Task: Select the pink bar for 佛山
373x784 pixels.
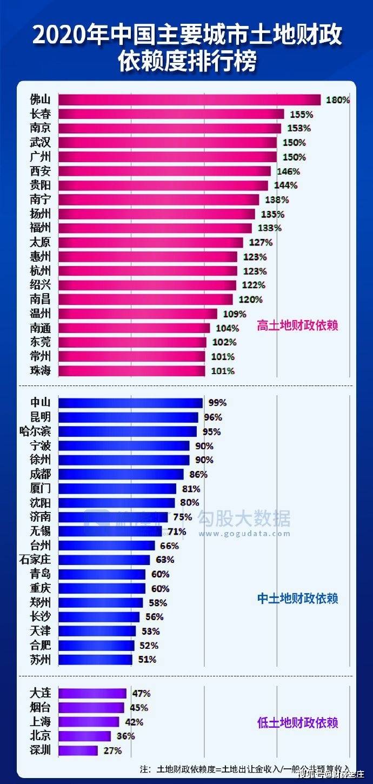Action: pyautogui.click(x=189, y=100)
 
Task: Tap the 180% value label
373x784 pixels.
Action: pyautogui.click(x=338, y=100)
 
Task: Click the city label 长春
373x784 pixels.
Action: pyautogui.click(x=41, y=114)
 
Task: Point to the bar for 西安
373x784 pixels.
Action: pyautogui.click(x=164, y=171)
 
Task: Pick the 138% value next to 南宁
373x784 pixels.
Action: pyautogui.click(x=276, y=200)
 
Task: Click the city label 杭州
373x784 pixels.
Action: pyautogui.click(x=41, y=271)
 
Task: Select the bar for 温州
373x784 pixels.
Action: pyautogui.click(x=137, y=314)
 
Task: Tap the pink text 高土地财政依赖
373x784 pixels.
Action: pyautogui.click(x=297, y=326)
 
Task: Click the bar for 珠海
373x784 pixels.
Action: pyautogui.click(x=131, y=371)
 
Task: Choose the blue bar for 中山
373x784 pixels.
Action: pyautogui.click(x=130, y=403)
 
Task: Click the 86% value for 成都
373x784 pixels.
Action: pyautogui.click(x=198, y=474)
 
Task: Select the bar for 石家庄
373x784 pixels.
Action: pyautogui.click(x=104, y=560)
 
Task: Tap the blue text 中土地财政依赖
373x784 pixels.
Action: pyautogui.click(x=297, y=599)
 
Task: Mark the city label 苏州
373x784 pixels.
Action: pyautogui.click(x=41, y=660)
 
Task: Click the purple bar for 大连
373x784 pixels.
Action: pyautogui.click(x=92, y=693)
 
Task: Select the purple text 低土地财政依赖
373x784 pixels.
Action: pyautogui.click(x=297, y=723)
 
